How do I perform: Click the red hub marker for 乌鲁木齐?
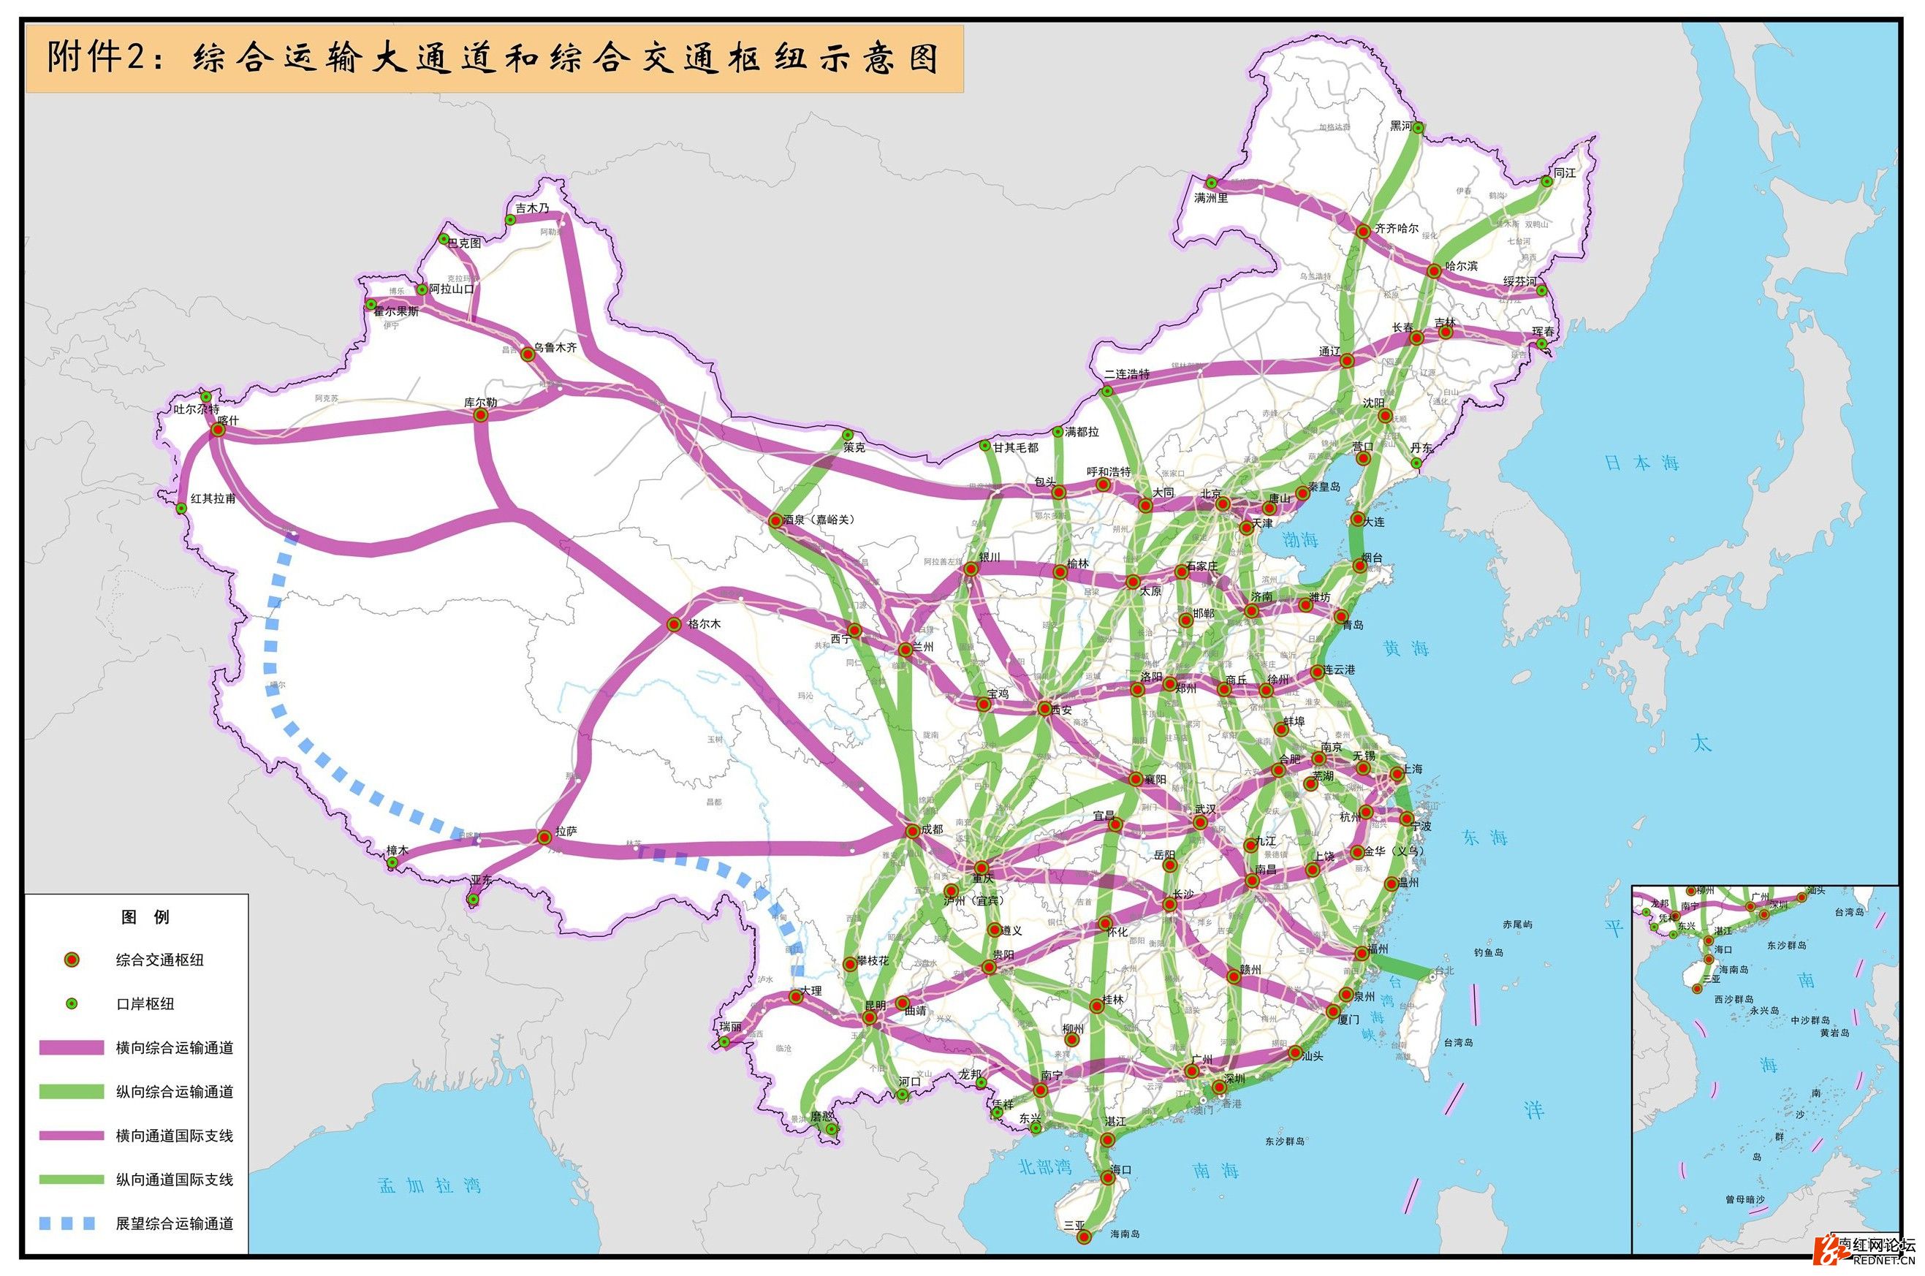[527, 354]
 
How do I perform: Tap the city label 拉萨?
[566, 832]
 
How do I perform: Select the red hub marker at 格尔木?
[674, 624]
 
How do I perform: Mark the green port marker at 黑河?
[1418, 128]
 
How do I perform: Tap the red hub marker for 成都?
[911, 831]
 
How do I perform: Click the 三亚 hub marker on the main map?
[1084, 1237]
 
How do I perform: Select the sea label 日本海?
[1642, 463]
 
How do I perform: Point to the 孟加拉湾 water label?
[430, 1185]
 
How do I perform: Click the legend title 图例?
[145, 917]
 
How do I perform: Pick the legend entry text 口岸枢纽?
[145, 1004]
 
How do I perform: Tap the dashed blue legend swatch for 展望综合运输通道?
[72, 1223]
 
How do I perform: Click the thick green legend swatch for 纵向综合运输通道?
[72, 1091]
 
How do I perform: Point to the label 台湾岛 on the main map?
[1459, 1041]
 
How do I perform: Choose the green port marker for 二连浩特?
[1107, 392]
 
